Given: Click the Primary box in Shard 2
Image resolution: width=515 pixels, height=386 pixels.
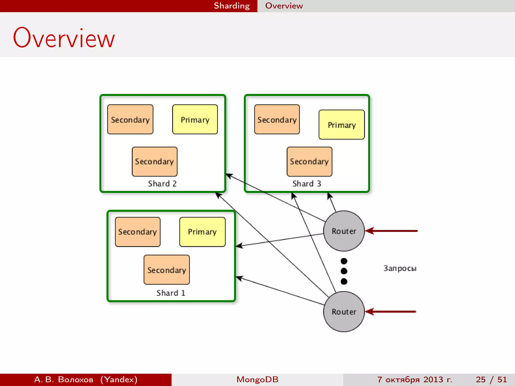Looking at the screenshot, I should tap(195, 119).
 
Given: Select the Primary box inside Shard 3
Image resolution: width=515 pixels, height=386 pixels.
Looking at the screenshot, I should tap(341, 125).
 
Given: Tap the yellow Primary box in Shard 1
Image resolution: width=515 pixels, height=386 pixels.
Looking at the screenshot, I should tap(202, 232).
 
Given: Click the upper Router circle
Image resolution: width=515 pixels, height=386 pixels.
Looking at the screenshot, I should tap(344, 231).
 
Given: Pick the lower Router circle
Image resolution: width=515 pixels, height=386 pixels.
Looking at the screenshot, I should tap(344, 312).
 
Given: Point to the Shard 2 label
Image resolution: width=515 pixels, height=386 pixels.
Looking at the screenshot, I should tap(162, 184).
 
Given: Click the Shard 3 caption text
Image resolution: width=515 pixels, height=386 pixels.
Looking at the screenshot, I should tap(307, 184).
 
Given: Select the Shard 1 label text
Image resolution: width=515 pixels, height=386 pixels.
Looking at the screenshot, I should tap(171, 293).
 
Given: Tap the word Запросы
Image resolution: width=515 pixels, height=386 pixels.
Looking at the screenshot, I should tap(400, 268).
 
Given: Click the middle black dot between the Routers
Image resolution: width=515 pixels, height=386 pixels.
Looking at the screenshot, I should tap(344, 271).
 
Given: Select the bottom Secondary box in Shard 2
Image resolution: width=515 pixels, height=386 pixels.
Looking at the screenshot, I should tap(154, 162).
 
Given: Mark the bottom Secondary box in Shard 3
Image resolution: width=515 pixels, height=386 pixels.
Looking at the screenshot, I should tap(309, 162).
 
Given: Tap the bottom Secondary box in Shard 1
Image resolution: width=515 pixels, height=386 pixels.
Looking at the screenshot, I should tap(166, 270).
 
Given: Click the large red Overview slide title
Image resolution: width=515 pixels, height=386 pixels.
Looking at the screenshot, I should tap(64, 38).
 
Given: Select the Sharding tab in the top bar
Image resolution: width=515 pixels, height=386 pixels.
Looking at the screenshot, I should tap(232, 6).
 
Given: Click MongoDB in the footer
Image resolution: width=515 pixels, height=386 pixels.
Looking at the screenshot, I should tap(257, 379).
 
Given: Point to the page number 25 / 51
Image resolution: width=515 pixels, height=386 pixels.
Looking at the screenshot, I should tap(491, 379).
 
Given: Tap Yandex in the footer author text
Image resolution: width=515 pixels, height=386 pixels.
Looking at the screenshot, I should tap(119, 379).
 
